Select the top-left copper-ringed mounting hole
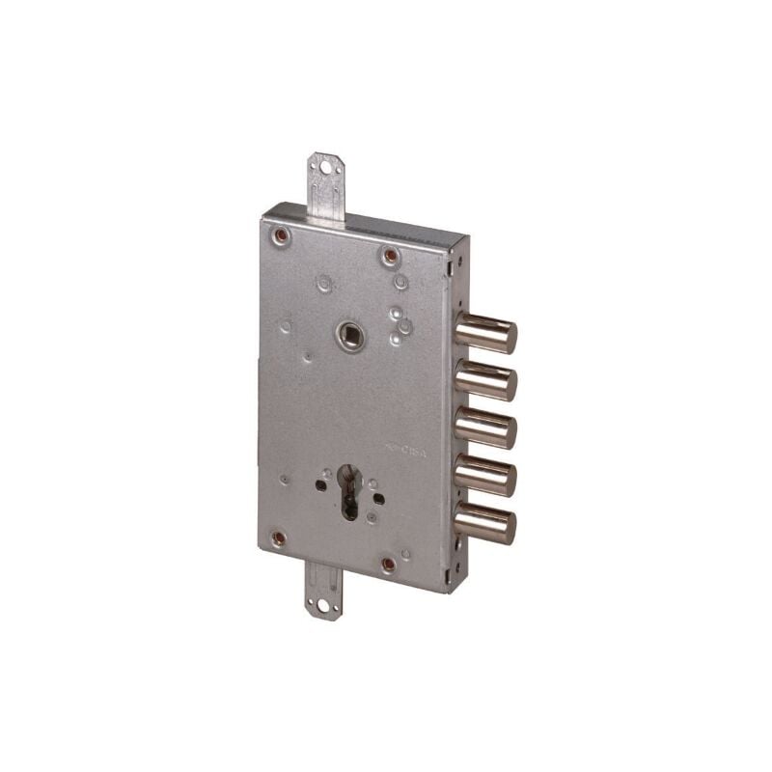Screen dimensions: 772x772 point(281,234)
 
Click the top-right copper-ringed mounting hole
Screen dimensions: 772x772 point(390,256)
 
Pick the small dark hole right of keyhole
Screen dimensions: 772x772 point(378,499)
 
